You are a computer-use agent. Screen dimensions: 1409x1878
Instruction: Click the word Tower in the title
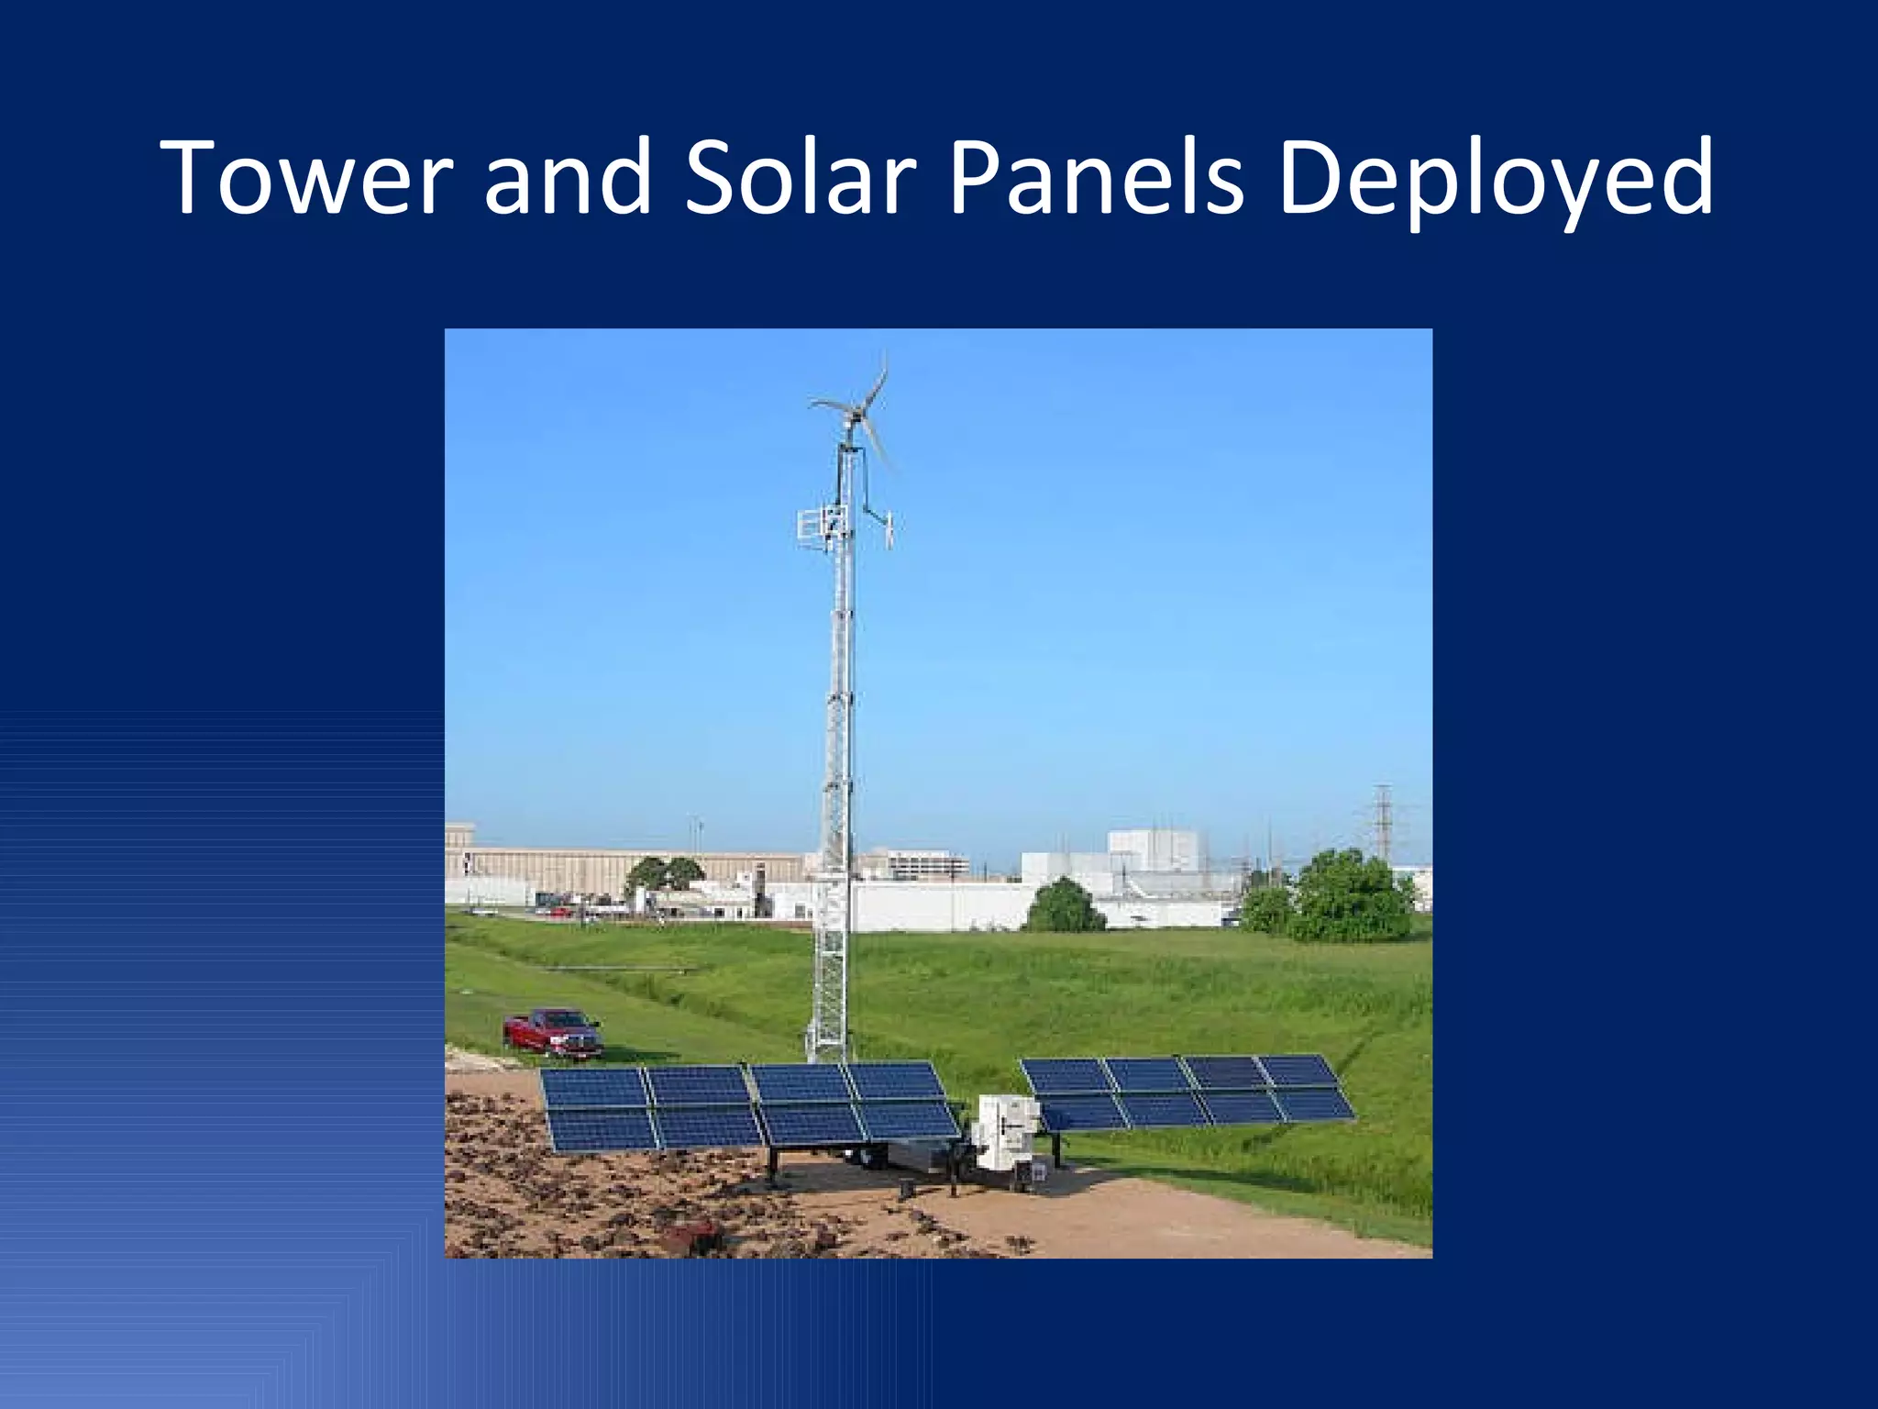coord(308,178)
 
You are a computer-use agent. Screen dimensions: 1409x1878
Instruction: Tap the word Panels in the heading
coord(1096,178)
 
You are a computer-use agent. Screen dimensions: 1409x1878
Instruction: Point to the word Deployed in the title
coord(1495,180)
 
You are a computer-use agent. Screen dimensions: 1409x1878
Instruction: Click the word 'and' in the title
coord(568,178)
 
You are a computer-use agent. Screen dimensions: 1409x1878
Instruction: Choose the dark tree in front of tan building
coord(662,876)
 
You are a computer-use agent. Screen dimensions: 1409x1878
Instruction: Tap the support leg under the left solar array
coord(773,1165)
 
